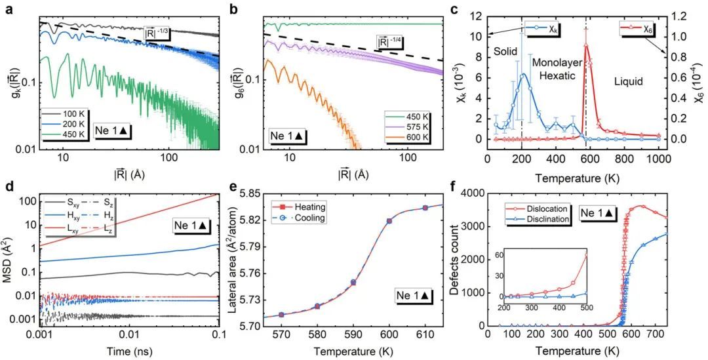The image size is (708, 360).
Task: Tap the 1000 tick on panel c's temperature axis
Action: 658,158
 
